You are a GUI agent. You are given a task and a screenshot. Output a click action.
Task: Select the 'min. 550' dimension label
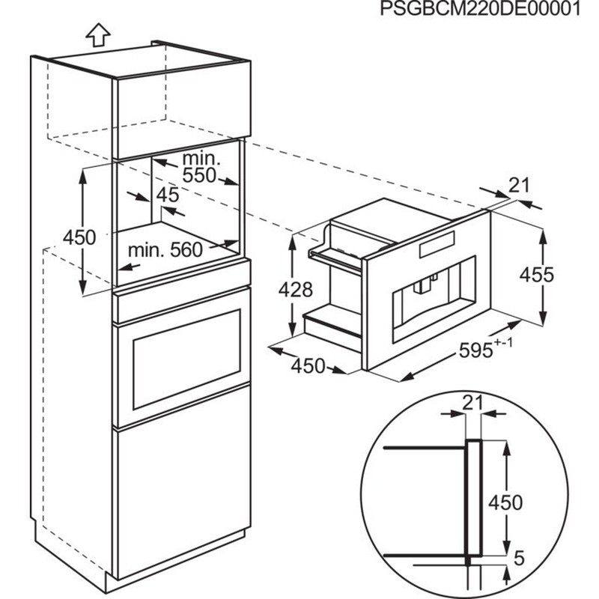(200, 168)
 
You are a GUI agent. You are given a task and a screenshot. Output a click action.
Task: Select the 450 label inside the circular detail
(505, 502)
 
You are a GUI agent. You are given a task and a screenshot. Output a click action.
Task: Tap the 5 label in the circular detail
(519, 557)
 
